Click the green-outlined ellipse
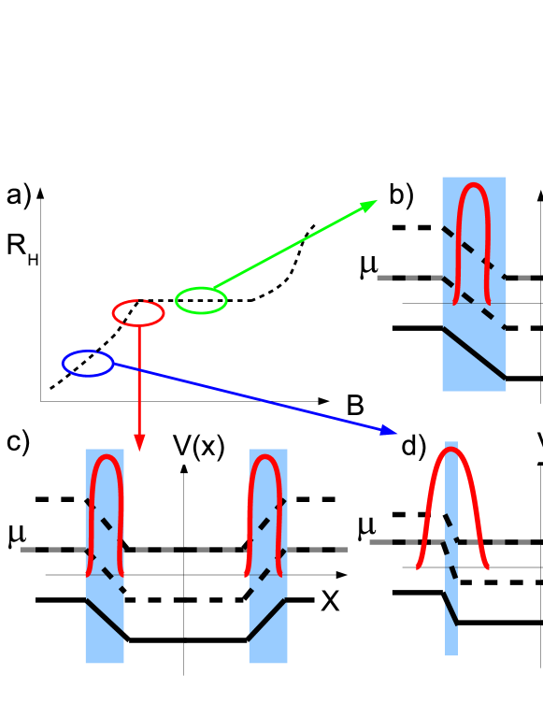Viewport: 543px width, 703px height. [x=201, y=300]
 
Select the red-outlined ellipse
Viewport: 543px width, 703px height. [x=138, y=313]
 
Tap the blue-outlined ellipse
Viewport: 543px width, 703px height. [x=88, y=364]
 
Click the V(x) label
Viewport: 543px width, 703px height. [x=199, y=446]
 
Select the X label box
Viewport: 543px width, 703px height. [x=330, y=601]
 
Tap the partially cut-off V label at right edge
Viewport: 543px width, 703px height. [x=538, y=443]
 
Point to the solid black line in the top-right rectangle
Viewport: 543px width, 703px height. [x=474, y=353]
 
